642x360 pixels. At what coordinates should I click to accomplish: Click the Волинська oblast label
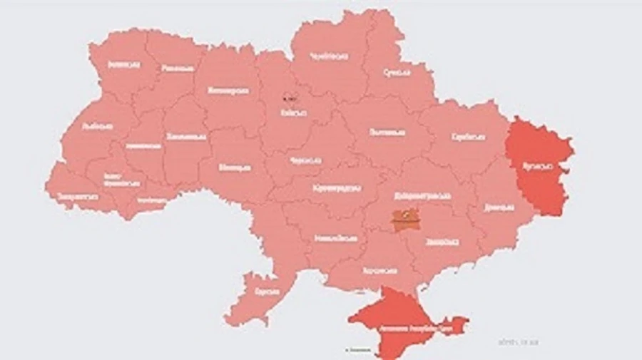(x=123, y=64)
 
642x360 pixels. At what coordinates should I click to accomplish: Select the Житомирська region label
(x=228, y=91)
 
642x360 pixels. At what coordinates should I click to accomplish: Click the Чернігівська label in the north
(x=330, y=56)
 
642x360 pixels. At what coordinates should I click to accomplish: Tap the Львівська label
(x=98, y=126)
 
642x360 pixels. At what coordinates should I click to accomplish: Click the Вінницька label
(x=235, y=168)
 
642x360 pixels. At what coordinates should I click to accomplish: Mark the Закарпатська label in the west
(x=77, y=193)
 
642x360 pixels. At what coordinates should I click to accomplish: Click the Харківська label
(x=469, y=137)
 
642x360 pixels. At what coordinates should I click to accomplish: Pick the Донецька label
(x=499, y=207)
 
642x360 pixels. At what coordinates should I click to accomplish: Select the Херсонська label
(x=379, y=272)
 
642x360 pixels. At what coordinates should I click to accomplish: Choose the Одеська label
(x=266, y=292)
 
